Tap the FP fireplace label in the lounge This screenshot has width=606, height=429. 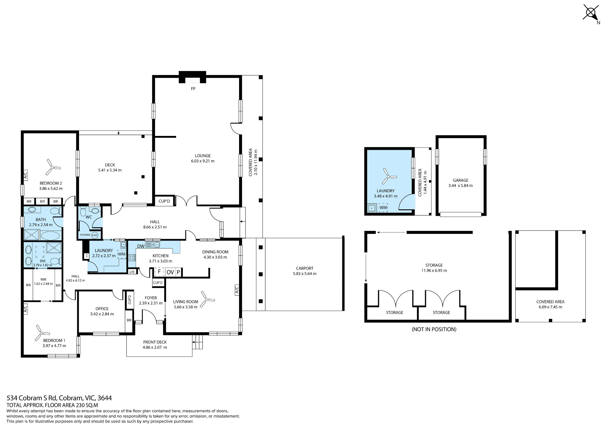(x=193, y=89)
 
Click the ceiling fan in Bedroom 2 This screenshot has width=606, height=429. (x=52, y=167)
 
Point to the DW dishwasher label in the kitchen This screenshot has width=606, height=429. (x=141, y=246)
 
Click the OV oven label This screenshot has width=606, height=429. (x=170, y=272)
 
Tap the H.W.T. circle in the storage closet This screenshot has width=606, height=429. (x=95, y=235)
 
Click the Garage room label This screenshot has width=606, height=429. (x=461, y=180)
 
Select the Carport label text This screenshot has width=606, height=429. (x=305, y=268)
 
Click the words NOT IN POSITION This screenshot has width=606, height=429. (x=434, y=329)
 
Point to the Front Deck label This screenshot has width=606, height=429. (x=155, y=342)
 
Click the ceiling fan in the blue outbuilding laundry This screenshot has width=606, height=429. (x=388, y=176)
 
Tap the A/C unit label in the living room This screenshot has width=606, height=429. (x=237, y=289)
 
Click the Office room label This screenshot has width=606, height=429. (x=102, y=309)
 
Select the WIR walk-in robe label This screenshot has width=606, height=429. (x=43, y=279)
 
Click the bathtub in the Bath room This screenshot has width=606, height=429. (x=51, y=235)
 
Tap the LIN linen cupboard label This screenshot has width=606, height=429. (x=132, y=272)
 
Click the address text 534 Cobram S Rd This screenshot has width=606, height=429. (x=32, y=398)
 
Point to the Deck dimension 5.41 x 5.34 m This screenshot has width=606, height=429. (x=110, y=170)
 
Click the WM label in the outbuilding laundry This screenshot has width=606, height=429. (x=383, y=208)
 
